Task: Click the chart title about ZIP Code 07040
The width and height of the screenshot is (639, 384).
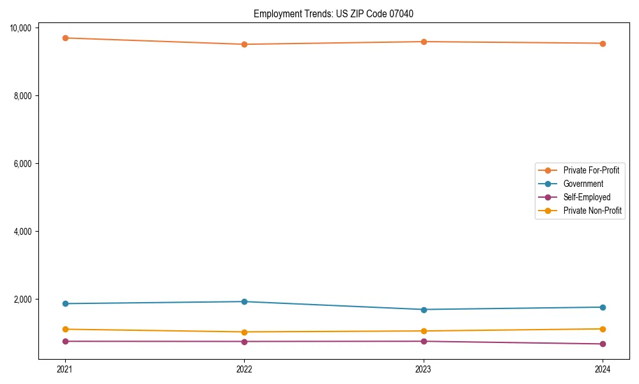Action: pos(333,13)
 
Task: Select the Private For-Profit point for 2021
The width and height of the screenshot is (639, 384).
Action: pos(65,38)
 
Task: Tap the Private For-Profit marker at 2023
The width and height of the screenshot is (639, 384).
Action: pos(423,42)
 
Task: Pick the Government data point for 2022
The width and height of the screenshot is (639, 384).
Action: pos(244,301)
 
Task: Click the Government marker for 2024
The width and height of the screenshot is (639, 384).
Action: pos(603,307)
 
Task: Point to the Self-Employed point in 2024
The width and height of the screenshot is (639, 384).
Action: pos(603,344)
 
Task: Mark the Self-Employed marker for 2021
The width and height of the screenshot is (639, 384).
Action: pos(65,341)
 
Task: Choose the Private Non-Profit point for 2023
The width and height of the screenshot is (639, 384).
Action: pos(423,331)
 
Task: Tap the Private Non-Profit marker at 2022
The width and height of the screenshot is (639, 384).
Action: pos(244,332)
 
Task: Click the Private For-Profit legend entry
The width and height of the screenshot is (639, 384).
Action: pos(590,170)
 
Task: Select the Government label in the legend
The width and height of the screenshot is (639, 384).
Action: pos(583,184)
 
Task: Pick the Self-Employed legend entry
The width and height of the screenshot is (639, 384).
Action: pos(587,197)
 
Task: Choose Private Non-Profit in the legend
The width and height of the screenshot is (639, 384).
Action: pos(592,211)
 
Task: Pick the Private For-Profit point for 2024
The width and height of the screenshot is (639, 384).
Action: pos(603,44)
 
